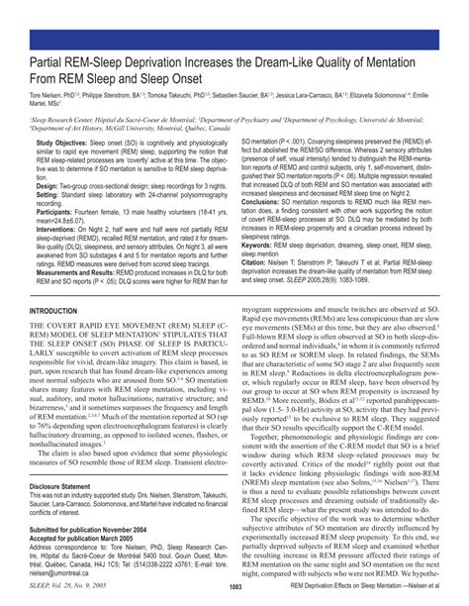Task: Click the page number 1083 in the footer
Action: tap(234, 587)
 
